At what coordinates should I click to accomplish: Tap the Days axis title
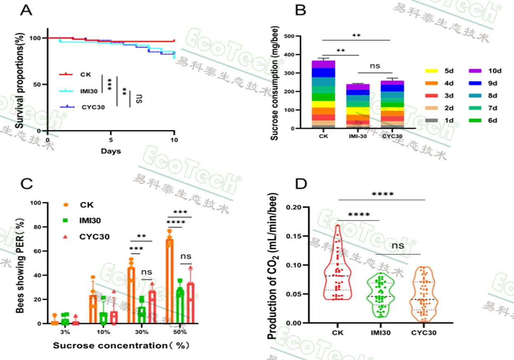(111, 151)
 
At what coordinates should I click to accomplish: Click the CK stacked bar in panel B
(323, 95)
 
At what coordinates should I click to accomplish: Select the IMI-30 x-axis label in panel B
(352, 136)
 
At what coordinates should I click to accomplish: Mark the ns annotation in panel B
(375, 66)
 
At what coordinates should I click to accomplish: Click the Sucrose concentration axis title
(121, 345)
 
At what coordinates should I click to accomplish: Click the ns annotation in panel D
(397, 246)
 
